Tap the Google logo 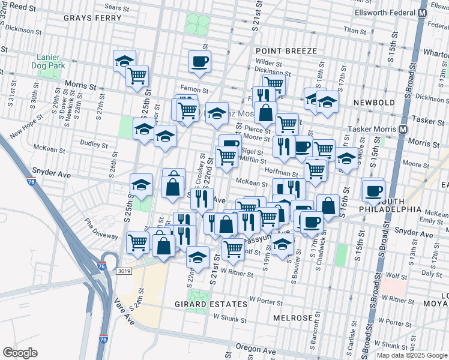click(x=20, y=353)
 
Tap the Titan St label click(x=355, y=29)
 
